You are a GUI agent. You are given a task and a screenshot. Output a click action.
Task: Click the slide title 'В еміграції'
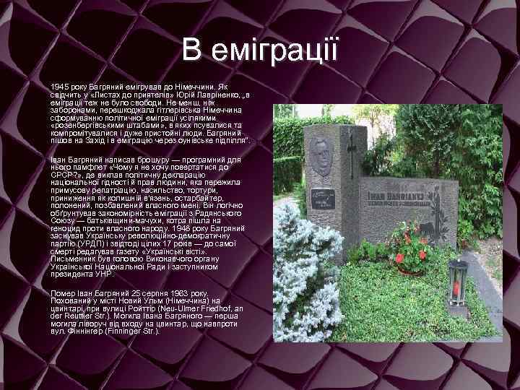pyautogui.click(x=259, y=50)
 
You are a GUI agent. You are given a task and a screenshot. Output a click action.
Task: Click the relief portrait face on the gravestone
pyautogui.click(x=320, y=155)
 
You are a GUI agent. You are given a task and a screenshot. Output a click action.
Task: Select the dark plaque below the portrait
pyautogui.click(x=322, y=197)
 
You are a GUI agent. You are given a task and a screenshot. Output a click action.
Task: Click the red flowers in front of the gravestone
pyautogui.click(x=411, y=253)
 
